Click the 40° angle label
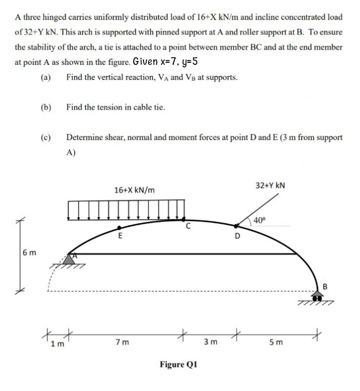261,220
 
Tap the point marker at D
237,225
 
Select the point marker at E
120,227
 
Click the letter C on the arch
188,225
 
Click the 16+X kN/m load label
135,190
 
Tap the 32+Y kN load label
271,185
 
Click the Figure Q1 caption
178,365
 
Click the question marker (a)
45,78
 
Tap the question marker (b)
45,108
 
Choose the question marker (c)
45,137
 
